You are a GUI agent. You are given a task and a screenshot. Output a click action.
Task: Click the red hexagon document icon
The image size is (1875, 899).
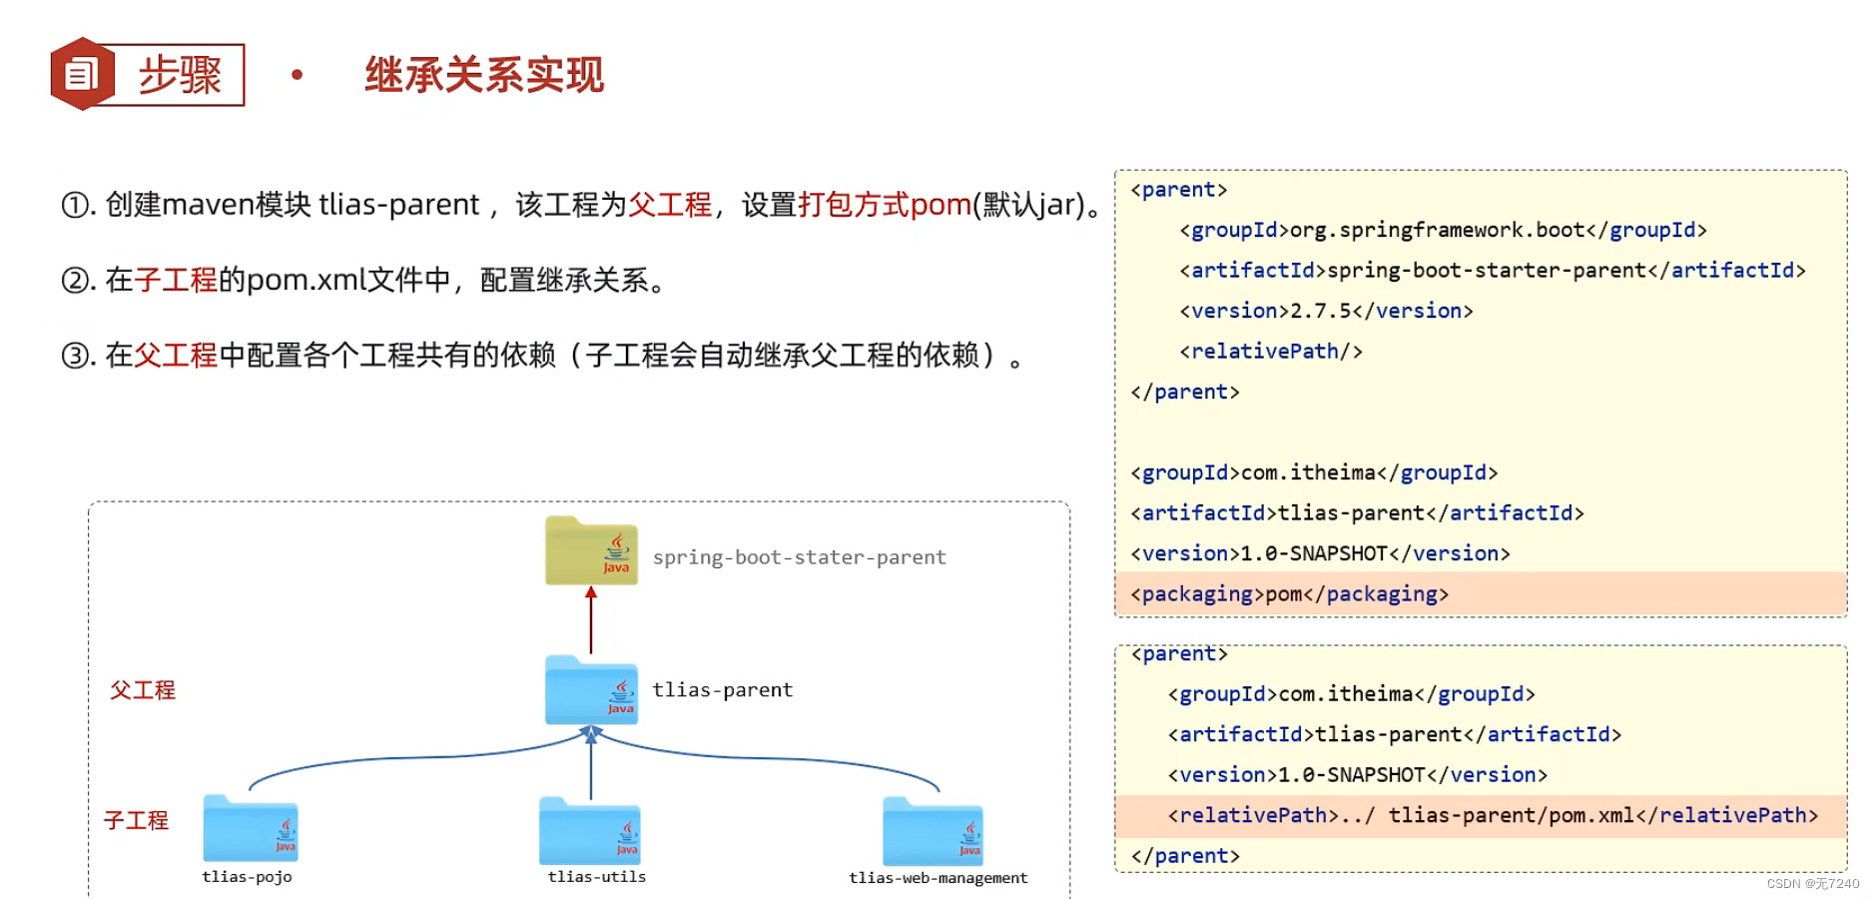82,74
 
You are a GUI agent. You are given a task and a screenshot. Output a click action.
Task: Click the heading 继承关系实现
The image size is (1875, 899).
484,75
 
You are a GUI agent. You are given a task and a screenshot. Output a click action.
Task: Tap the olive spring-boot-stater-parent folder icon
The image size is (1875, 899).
591,550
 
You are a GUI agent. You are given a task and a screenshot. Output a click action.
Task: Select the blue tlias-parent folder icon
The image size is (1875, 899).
591,690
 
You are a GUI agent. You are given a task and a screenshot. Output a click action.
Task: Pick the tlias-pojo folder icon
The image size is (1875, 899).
250,829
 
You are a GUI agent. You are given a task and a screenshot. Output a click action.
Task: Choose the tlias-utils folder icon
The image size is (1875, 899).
590,831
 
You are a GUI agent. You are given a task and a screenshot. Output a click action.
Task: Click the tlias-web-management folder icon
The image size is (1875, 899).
933,831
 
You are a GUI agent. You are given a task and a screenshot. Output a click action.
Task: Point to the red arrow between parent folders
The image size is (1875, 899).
591,620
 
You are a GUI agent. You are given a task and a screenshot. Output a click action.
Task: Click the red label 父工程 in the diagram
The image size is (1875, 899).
143,690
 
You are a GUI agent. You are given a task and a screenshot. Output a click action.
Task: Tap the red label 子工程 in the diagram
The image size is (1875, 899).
137,821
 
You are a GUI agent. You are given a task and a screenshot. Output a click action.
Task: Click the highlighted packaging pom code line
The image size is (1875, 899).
1289,594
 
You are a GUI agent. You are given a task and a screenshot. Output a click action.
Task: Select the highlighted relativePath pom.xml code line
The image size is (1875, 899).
1492,816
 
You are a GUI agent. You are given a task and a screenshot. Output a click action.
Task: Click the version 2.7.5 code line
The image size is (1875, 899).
1325,312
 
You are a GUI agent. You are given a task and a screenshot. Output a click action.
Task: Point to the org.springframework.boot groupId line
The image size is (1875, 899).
1442,231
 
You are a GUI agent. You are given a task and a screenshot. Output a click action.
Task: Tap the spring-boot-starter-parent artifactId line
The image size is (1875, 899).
1492,271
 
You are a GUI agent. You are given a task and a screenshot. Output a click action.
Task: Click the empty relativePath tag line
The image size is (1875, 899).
1270,352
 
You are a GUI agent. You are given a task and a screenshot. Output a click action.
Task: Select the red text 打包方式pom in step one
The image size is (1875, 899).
884,205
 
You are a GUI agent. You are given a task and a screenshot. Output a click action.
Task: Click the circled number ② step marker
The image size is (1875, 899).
76,281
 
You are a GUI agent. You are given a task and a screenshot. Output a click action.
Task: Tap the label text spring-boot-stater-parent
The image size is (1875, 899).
799,557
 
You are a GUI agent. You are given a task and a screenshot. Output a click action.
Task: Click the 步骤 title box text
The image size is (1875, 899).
180,75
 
